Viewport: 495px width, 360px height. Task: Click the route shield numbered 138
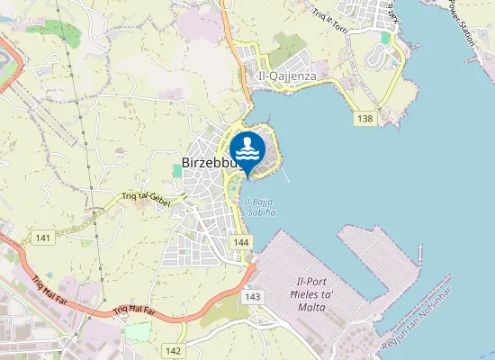(364, 119)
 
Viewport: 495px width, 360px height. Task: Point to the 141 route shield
(42, 238)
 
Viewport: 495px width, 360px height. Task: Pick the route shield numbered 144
(239, 243)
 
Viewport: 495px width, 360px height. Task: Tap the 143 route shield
(252, 296)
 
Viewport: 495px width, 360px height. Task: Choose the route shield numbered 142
(174, 350)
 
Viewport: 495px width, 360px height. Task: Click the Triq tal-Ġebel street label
(145, 197)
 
